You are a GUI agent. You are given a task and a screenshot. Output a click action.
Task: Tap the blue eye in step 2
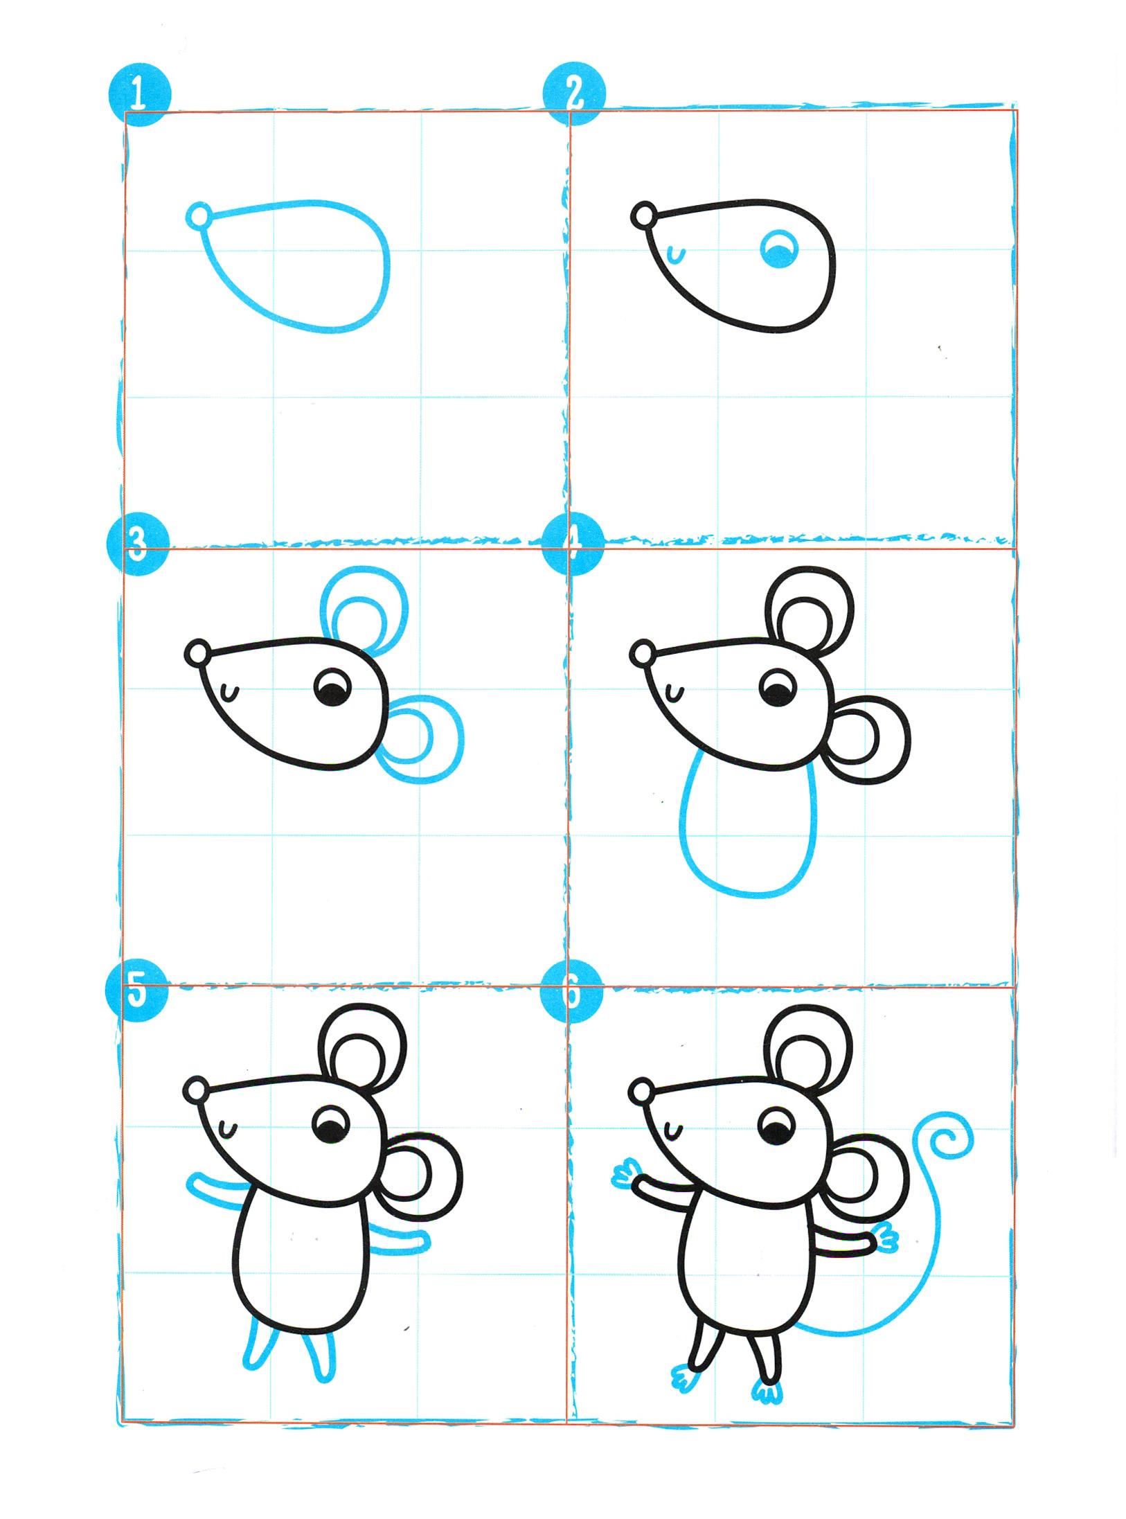click(779, 250)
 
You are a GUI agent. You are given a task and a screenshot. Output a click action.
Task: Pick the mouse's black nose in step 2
click(644, 215)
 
